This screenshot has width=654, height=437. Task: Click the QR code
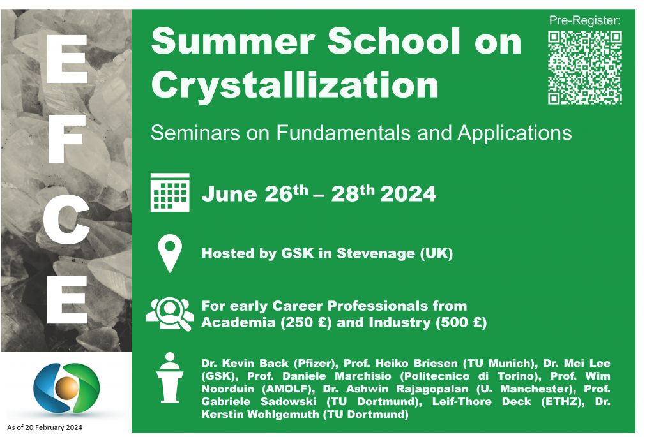pos(585,68)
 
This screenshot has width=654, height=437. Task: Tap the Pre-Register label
pos(584,20)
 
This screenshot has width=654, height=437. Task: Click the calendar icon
pos(170,193)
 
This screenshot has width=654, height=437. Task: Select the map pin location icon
pos(170,253)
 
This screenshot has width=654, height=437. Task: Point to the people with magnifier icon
pos(170,314)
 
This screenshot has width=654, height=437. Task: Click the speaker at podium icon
pos(170,378)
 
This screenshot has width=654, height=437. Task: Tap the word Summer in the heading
pos(232,41)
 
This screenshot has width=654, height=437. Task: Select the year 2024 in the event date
pos(408,194)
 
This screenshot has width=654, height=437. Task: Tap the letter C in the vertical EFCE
pos(66,219)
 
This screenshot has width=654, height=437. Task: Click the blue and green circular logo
pos(66,389)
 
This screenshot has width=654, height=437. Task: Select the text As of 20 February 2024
pos(45,427)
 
